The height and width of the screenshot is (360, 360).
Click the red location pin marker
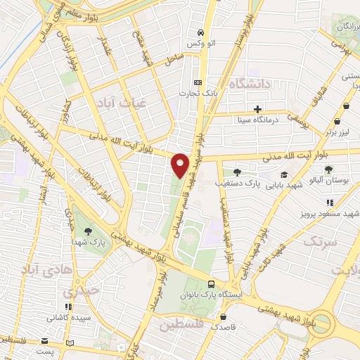pos(181,165)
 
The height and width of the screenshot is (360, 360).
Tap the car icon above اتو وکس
pos(201,33)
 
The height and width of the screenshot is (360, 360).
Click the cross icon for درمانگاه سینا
pos(258,109)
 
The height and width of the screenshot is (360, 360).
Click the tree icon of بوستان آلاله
pos(328,169)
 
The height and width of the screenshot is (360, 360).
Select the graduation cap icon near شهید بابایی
pos(283,175)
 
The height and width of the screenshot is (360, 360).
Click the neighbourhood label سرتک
pos(321,240)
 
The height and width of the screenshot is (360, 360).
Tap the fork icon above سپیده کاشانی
pos(67,307)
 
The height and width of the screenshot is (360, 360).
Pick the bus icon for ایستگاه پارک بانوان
pos(212,283)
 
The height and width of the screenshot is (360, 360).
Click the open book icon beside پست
pos(68,343)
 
